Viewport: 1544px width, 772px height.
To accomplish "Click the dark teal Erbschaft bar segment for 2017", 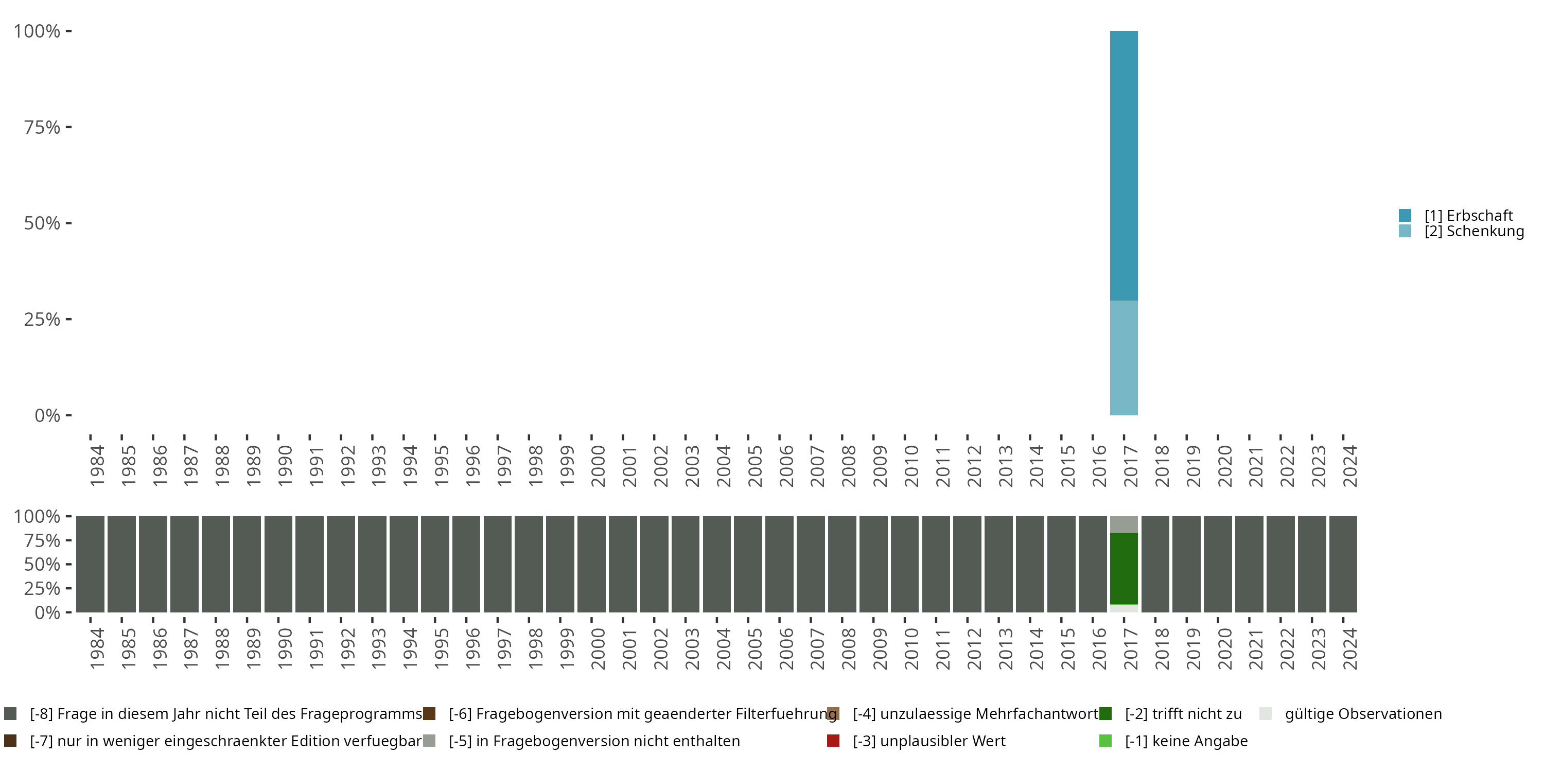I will pos(1124,165).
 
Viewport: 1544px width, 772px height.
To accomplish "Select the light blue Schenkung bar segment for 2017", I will pos(1124,358).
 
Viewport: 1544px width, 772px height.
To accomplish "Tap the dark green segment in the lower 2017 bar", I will pos(1124,568).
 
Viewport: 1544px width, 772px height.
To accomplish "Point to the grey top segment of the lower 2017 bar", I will pos(1124,524).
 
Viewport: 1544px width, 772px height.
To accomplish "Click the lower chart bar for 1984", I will pos(90,564).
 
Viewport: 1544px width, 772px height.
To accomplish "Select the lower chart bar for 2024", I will pos(1343,564).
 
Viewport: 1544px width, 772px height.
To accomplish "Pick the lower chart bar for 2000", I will pos(591,564).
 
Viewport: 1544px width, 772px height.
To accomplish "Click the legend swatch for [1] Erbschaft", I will pos(1405,215).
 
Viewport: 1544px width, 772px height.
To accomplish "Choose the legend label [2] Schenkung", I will pos(1474,232).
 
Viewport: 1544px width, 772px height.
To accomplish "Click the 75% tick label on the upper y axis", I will pos(42,127).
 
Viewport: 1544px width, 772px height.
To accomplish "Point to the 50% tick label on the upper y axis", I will pos(42,223).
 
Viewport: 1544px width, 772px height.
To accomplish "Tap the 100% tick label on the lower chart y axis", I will pos(37,516).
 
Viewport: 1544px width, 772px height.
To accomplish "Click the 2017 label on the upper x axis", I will pos(1130,466).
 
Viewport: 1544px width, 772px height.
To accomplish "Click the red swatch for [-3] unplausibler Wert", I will pos(833,741).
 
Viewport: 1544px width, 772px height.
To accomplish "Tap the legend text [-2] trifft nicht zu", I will pos(1183,714).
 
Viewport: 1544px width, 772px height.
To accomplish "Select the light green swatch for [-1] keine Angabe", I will pos(1106,741).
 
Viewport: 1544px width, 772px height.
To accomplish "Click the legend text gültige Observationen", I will pos(1363,714).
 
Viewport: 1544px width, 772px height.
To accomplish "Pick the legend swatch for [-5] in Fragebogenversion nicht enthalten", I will pos(429,741).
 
